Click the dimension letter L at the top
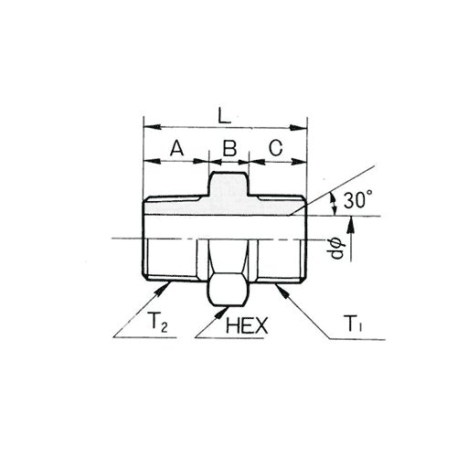tap(224, 115)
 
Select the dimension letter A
tap(177, 148)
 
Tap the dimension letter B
tap(229, 148)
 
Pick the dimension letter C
tap(276, 148)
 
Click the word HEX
tap(247, 325)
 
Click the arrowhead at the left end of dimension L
tap(152, 127)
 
